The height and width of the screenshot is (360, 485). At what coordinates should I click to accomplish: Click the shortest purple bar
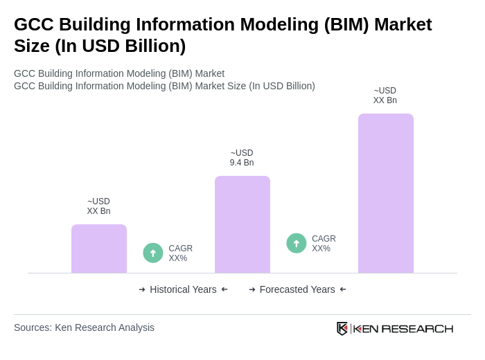point(99,249)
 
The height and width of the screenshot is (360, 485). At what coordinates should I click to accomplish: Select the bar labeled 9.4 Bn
point(242,224)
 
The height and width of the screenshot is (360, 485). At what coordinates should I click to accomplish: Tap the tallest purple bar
point(386,193)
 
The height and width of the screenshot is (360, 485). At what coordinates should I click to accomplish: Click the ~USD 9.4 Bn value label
point(242,158)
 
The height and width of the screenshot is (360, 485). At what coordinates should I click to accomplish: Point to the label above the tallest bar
point(385,96)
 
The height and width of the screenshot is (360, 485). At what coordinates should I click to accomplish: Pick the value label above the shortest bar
point(98,206)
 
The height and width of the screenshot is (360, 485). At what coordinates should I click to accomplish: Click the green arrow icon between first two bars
point(153,253)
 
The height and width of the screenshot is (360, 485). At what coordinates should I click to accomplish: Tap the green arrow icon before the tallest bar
point(297,243)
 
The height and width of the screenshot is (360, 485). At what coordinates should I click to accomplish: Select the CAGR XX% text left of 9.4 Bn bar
point(181,253)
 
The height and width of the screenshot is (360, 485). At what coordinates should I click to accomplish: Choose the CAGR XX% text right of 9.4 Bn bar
point(324,244)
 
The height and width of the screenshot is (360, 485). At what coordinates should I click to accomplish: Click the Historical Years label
point(183,289)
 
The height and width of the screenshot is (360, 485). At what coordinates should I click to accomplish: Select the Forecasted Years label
point(297,289)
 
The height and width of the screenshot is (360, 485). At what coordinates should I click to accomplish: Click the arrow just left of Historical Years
point(142,289)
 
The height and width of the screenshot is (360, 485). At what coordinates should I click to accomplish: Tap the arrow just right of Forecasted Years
point(343,289)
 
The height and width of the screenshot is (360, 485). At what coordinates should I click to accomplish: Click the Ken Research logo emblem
point(342,328)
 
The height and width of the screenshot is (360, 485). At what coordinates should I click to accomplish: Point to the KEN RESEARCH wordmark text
point(403,329)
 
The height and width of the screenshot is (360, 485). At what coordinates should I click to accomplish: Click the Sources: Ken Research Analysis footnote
point(84,327)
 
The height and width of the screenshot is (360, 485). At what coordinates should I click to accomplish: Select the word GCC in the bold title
point(34,24)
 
